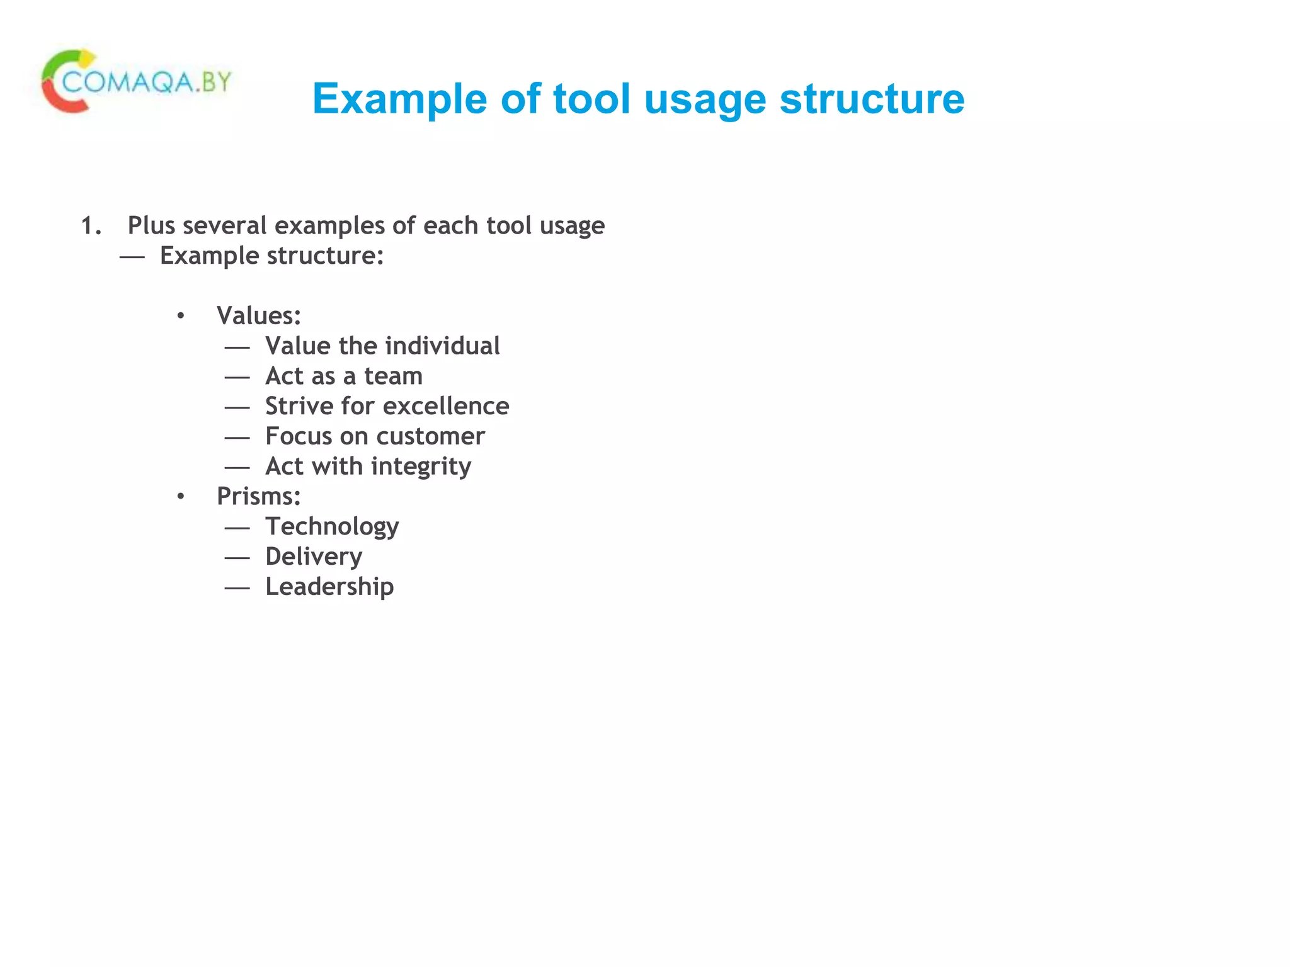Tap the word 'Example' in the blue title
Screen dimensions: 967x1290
click(399, 99)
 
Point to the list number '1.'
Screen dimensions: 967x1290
click(91, 226)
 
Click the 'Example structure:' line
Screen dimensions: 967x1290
click(271, 256)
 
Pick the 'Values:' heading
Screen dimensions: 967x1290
click(259, 316)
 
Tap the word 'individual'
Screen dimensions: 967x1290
click(443, 346)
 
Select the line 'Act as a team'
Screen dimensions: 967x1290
click(344, 376)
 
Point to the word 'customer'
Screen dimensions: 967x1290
click(431, 437)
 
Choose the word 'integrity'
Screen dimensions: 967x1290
click(421, 467)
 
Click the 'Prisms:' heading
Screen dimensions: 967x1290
click(259, 497)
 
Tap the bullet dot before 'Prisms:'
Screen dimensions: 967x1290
click(181, 497)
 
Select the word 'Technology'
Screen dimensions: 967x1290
click(332, 527)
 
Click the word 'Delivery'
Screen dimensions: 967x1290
click(314, 557)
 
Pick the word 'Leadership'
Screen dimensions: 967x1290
click(329, 587)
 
